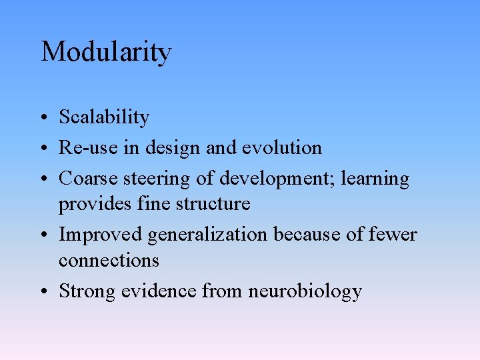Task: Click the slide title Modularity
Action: [x=106, y=52]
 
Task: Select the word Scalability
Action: [x=104, y=117]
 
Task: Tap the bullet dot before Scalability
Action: [x=42, y=119]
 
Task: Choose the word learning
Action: [x=377, y=179]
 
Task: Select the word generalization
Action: [x=207, y=235]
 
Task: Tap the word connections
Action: [x=109, y=260]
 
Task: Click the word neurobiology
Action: [x=305, y=291]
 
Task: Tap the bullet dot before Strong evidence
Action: [x=42, y=292]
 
